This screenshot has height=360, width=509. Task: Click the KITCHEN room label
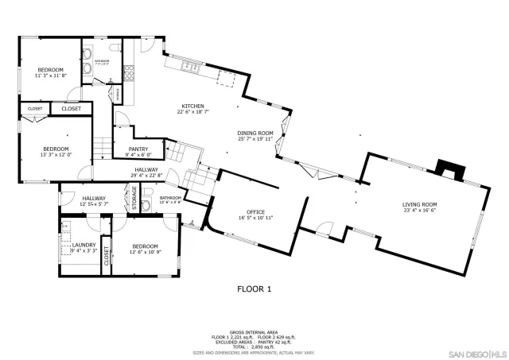(x=192, y=106)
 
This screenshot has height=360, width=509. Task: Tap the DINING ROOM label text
(x=254, y=133)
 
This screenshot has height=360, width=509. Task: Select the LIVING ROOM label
(x=421, y=204)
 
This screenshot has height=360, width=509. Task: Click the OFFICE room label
(x=255, y=212)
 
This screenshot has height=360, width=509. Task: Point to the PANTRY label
(x=138, y=149)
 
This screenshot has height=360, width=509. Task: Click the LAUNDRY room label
(x=84, y=245)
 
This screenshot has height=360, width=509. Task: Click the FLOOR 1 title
(x=254, y=289)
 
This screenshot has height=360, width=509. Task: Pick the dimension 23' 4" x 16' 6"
(x=421, y=211)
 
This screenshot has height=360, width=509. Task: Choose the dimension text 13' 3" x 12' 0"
(x=56, y=155)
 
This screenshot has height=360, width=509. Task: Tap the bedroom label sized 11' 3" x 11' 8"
(x=50, y=70)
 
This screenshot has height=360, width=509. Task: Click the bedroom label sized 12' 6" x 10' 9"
(x=145, y=246)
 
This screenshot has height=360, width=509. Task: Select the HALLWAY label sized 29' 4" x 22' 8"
(x=146, y=169)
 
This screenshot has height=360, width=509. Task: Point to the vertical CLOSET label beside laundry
(x=106, y=256)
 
